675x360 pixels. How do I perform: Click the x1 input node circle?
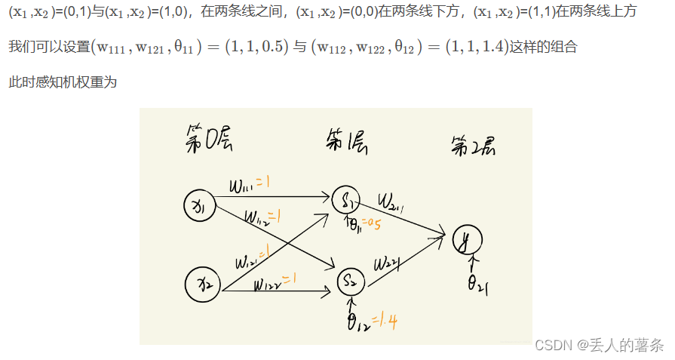200,205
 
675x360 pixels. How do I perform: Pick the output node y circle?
467,240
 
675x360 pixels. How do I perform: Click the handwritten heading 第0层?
209,140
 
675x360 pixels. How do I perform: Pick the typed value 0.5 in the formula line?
275,47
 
